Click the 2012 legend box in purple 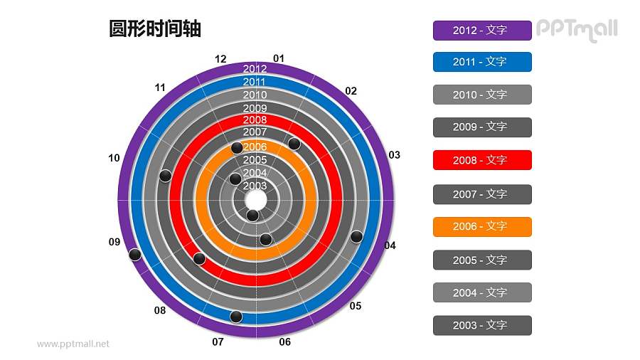(x=481, y=30)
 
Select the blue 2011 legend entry (x=481, y=62)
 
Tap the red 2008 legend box (x=481, y=160)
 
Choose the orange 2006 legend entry (x=481, y=226)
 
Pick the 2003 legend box (x=481, y=325)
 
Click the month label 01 (x=279, y=58)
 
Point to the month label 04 (x=390, y=245)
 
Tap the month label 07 (x=218, y=342)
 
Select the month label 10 (x=114, y=158)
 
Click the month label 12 (x=220, y=59)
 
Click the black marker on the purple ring (x=134, y=255)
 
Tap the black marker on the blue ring (x=236, y=317)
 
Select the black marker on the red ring (x=200, y=258)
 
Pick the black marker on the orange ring (x=237, y=148)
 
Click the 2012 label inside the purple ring (x=255, y=69)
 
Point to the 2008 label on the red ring (x=255, y=120)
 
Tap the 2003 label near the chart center (x=255, y=186)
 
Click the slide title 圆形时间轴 (x=155, y=28)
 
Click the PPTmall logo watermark (x=576, y=30)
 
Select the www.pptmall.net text (x=73, y=344)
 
